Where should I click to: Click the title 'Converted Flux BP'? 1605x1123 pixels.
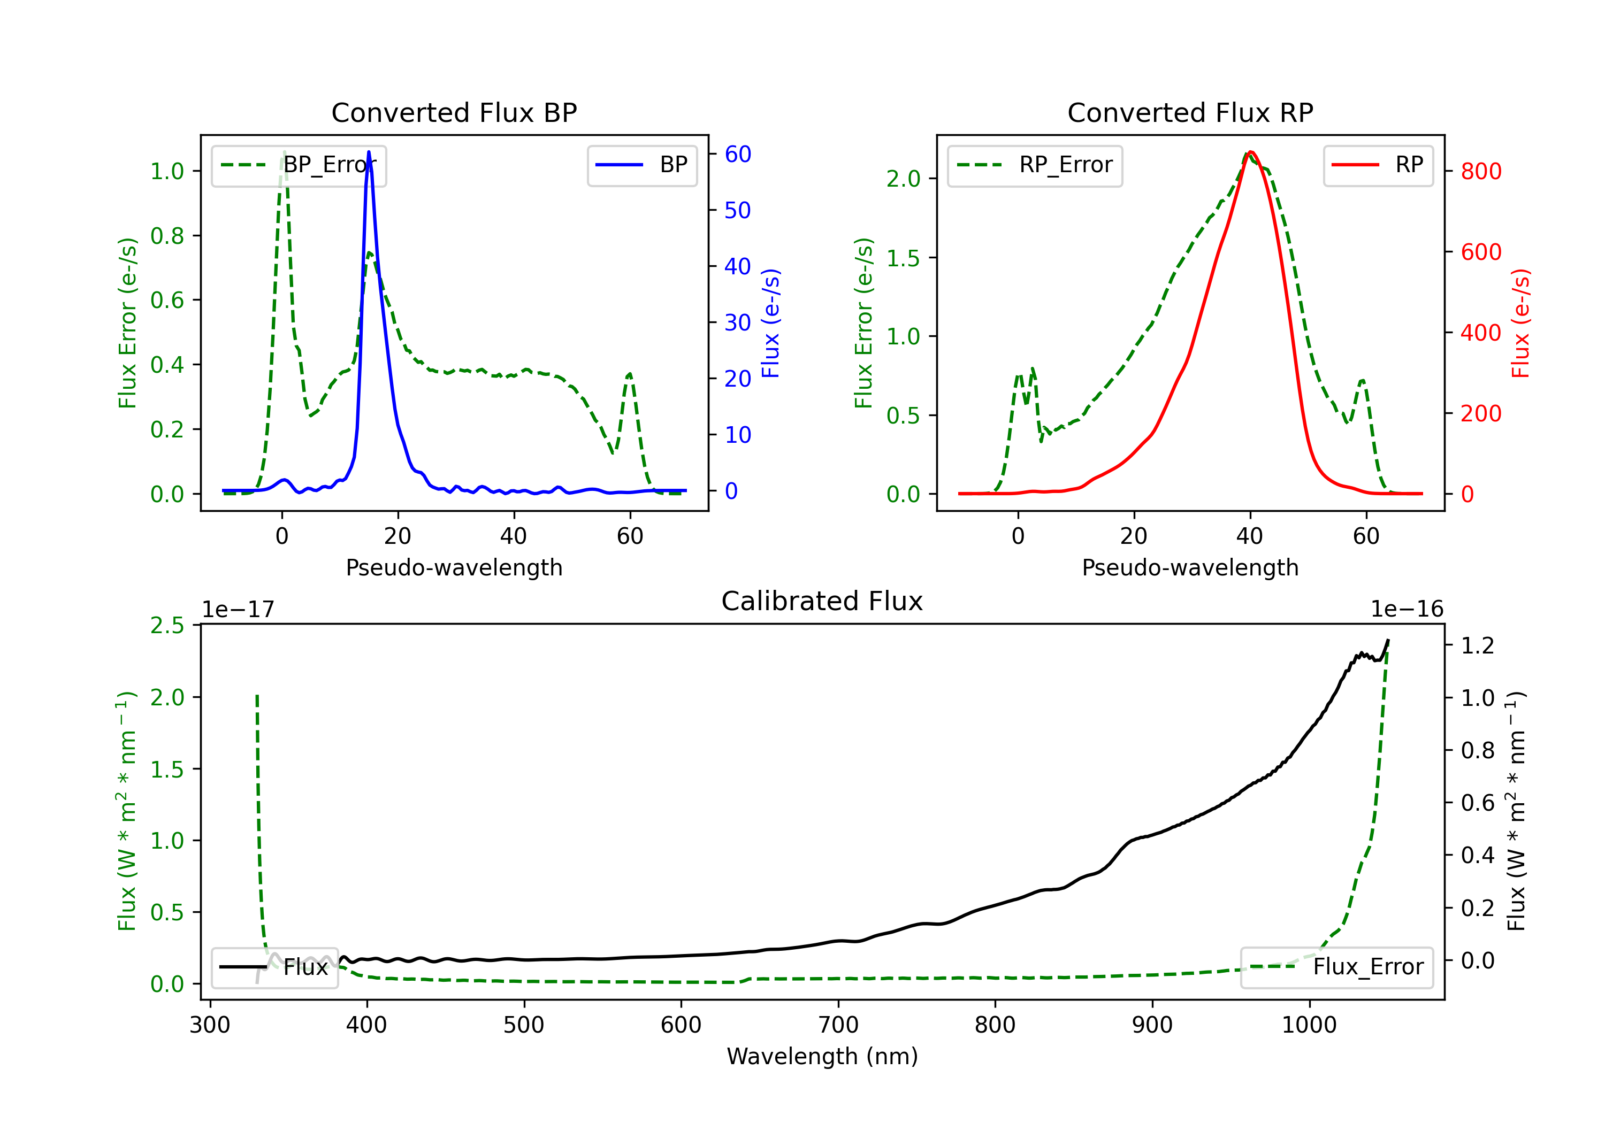tap(454, 112)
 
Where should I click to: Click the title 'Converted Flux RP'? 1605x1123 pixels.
tap(1190, 112)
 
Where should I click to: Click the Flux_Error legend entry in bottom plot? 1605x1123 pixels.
tap(1336, 967)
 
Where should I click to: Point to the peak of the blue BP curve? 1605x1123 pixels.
tap(369, 152)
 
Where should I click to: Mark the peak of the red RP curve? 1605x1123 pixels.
tap(1251, 152)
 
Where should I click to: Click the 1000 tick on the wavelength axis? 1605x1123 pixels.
tap(1309, 1025)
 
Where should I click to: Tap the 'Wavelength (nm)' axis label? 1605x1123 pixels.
tap(822, 1057)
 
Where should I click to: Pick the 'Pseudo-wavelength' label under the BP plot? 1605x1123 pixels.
tap(454, 567)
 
